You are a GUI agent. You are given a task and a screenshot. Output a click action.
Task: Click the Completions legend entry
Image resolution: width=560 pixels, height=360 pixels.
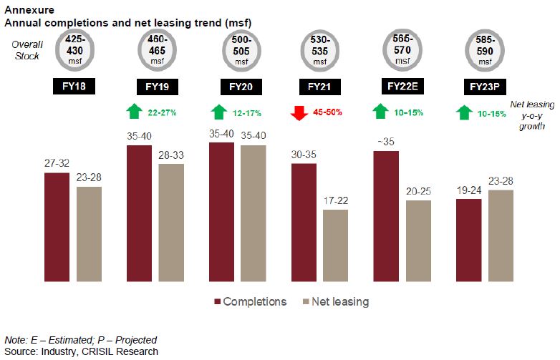(250, 301)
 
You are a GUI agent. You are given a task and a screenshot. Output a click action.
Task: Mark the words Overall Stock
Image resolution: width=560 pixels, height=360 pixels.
(26, 48)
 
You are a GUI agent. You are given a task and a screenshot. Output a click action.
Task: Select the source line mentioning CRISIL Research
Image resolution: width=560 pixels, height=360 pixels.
(81, 351)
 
